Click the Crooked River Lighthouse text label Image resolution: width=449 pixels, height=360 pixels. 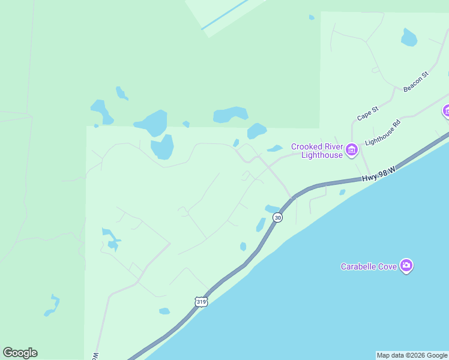(317, 151)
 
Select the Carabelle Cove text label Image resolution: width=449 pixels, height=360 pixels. (369, 266)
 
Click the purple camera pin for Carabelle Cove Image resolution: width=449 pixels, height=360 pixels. (407, 266)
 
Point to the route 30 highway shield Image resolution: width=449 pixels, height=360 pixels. (277, 217)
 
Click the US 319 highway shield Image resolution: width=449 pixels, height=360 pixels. (201, 302)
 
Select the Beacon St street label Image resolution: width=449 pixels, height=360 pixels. (416, 82)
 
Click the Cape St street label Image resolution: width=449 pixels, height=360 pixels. (367, 113)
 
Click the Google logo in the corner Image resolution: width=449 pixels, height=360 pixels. (20, 353)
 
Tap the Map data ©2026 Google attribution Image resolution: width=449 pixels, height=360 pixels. (412, 355)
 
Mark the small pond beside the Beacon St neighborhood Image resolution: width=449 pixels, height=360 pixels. (409, 38)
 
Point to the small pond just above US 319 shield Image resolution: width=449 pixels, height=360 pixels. (164, 311)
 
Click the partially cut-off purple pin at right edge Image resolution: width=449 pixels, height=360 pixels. (446, 111)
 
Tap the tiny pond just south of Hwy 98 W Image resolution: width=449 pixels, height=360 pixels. (342, 193)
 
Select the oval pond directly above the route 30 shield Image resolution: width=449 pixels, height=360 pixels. (272, 208)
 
